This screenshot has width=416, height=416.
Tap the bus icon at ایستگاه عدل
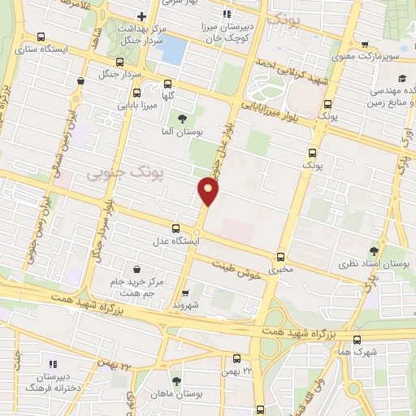(175, 228)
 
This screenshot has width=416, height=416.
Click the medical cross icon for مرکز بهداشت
(141, 16)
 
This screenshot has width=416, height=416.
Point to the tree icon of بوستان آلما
(192, 118)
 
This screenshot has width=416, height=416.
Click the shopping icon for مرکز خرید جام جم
(136, 269)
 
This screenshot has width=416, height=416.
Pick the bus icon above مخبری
(282, 256)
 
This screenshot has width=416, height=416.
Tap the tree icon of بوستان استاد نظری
(373, 252)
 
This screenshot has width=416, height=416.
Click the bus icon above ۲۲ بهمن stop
(236, 358)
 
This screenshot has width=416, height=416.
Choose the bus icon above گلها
(168, 83)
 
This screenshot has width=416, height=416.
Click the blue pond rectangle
(172, 51)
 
